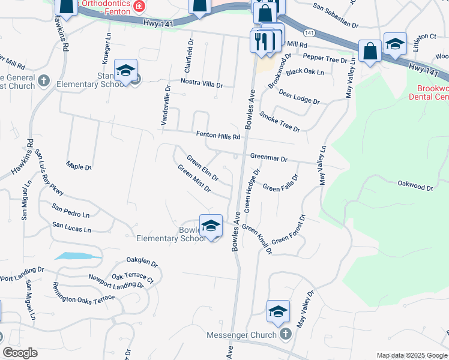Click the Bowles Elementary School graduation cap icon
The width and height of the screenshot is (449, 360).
point(211,226)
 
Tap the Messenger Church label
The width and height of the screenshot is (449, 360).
point(242,335)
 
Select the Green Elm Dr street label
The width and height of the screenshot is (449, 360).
point(202,169)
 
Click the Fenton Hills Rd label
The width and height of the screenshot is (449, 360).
point(217,137)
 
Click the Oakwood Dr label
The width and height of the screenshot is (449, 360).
point(415,187)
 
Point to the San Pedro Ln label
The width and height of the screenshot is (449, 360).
point(70,211)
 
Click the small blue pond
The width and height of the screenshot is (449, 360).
point(78,256)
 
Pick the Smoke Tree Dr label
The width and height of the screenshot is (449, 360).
point(279,121)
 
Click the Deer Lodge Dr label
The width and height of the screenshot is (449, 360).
point(299,98)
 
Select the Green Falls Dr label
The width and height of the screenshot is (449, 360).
point(281,184)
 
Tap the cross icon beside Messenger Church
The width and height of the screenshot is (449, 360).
point(286,334)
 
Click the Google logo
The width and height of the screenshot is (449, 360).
point(20,353)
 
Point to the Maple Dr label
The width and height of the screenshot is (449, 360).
point(80,167)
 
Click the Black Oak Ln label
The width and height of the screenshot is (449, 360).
point(305,72)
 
